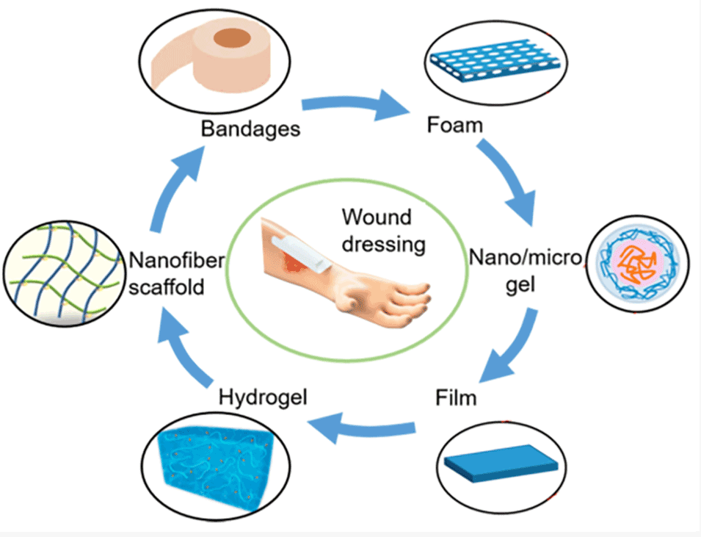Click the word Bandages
[x=250, y=129]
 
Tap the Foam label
[x=455, y=125]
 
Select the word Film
[x=456, y=398]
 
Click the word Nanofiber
[x=177, y=261]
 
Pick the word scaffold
[x=167, y=286]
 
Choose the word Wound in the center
[x=377, y=217]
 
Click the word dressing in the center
[x=384, y=245]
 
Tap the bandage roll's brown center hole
[x=231, y=38]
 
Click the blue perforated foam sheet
[x=495, y=60]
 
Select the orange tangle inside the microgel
[x=638, y=264]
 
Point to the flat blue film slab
[x=501, y=463]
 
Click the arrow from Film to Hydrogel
[x=362, y=427]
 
